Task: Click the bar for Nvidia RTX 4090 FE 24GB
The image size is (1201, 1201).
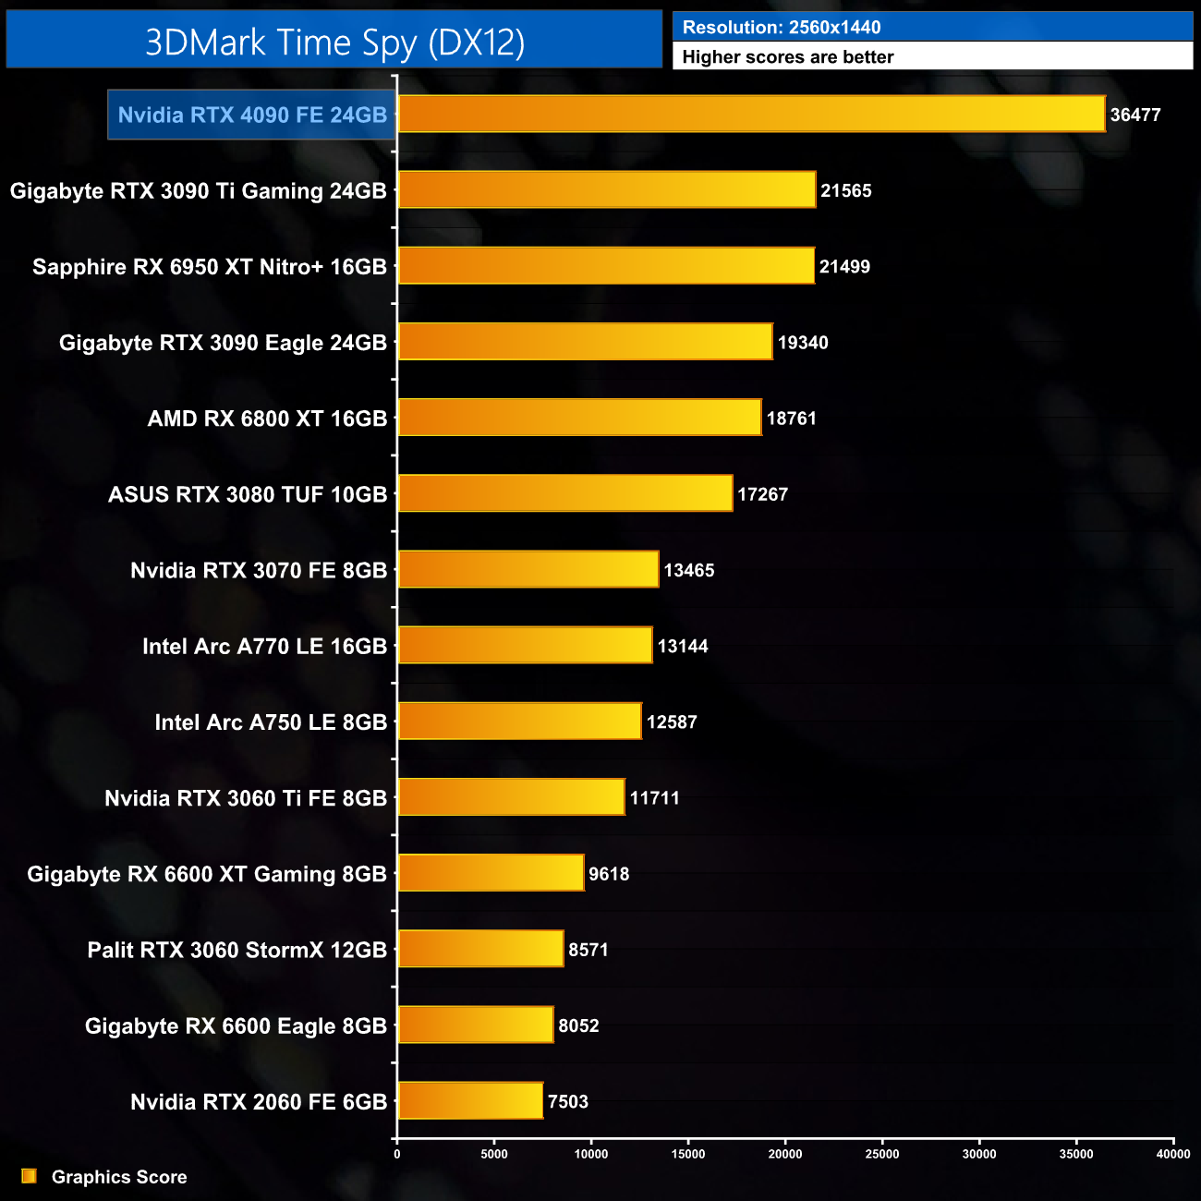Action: [751, 115]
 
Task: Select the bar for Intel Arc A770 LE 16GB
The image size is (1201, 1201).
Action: [525, 646]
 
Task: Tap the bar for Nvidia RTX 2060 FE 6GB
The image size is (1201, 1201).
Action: [470, 1101]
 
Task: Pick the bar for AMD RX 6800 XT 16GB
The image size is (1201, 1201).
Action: [579, 419]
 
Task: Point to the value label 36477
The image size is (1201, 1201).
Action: [1135, 115]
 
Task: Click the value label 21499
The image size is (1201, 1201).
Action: [844, 267]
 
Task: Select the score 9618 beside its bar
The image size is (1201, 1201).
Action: [609, 874]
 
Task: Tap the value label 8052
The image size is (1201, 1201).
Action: [578, 1025]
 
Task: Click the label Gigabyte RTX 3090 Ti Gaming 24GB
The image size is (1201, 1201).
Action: [198, 191]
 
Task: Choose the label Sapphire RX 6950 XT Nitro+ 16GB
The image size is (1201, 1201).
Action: [210, 267]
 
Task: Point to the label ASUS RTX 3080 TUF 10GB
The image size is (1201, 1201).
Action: [248, 494]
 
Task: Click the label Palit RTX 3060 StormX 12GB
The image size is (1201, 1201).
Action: [237, 950]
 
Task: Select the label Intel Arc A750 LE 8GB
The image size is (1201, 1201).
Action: [271, 722]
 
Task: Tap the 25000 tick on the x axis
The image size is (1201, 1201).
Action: [882, 1154]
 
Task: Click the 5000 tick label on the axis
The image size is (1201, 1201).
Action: [494, 1154]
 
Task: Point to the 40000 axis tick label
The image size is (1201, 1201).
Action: [1173, 1154]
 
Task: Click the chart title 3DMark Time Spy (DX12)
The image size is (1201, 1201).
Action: [334, 42]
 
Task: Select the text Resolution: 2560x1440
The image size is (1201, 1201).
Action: [782, 28]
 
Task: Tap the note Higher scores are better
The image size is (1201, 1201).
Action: [788, 57]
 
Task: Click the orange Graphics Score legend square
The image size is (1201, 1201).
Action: [30, 1176]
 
